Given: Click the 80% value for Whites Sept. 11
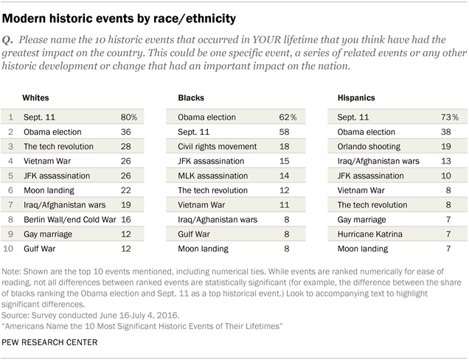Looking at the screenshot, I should coord(129,117).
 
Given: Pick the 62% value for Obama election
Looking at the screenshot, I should coord(295,117).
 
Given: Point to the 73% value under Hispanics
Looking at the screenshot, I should coord(449,117).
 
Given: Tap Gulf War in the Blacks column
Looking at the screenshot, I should coord(194,234).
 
